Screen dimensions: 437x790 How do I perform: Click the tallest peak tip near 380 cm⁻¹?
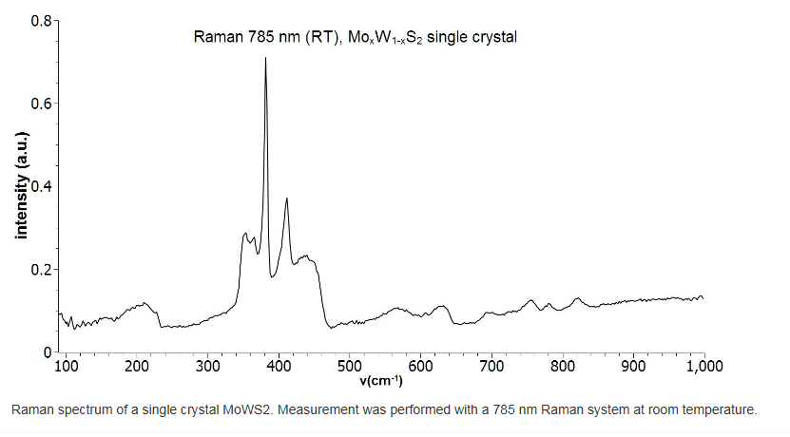point(265,58)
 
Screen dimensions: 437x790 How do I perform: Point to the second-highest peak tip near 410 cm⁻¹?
point(286,199)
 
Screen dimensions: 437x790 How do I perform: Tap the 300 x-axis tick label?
point(208,365)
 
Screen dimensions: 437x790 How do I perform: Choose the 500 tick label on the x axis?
point(350,365)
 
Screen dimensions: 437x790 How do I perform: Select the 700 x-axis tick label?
point(491,365)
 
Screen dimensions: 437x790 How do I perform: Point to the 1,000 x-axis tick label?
point(703,365)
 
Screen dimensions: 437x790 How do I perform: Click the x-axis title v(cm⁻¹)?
point(380,381)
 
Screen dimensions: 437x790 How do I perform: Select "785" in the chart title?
point(259,38)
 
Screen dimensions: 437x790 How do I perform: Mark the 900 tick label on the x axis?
point(633,365)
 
